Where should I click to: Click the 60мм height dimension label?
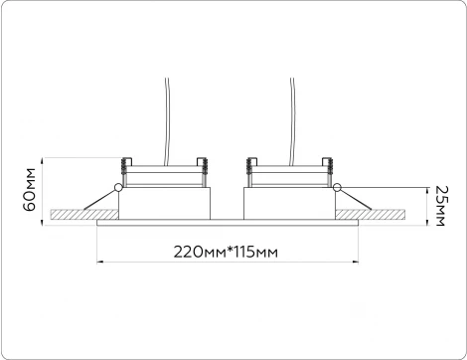tap(30, 190)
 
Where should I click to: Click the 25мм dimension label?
tap(441, 206)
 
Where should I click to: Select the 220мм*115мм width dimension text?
tap(226, 253)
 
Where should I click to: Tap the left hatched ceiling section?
tap(84, 214)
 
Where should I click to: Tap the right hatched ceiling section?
tap(370, 214)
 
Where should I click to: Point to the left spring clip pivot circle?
tap(118, 188)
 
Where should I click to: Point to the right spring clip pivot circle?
tap(337, 188)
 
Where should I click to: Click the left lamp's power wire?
tap(167, 121)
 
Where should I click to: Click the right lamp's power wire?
tap(292, 121)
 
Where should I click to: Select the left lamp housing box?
tap(164, 203)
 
